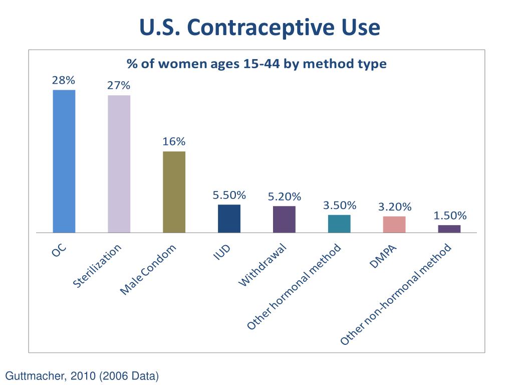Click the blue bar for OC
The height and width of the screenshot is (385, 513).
(x=64, y=161)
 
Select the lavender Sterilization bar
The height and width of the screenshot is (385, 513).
(x=119, y=163)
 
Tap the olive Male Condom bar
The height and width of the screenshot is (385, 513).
(x=174, y=191)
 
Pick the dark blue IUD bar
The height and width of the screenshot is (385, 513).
(x=229, y=219)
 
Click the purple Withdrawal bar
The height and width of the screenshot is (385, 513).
(x=284, y=219)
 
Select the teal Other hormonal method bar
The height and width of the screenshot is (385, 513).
(x=339, y=224)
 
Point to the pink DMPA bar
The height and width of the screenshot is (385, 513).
(x=394, y=224)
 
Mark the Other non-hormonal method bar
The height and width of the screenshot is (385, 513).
(x=449, y=229)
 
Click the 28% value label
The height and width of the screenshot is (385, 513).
(x=64, y=80)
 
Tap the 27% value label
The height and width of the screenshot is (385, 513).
(x=119, y=86)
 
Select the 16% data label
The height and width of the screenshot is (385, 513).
(x=174, y=142)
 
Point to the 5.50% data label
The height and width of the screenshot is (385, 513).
(x=229, y=195)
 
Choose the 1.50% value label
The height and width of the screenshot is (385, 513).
(x=450, y=216)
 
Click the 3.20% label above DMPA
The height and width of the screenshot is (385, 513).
(x=395, y=207)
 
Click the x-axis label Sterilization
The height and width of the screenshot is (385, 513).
(x=97, y=266)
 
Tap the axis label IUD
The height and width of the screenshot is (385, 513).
(x=222, y=253)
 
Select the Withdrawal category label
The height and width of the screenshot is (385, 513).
(x=262, y=265)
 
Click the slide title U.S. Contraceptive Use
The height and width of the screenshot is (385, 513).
(x=260, y=28)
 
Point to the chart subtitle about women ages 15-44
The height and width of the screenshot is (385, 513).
(x=256, y=64)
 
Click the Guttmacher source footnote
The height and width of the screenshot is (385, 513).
(x=82, y=375)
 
